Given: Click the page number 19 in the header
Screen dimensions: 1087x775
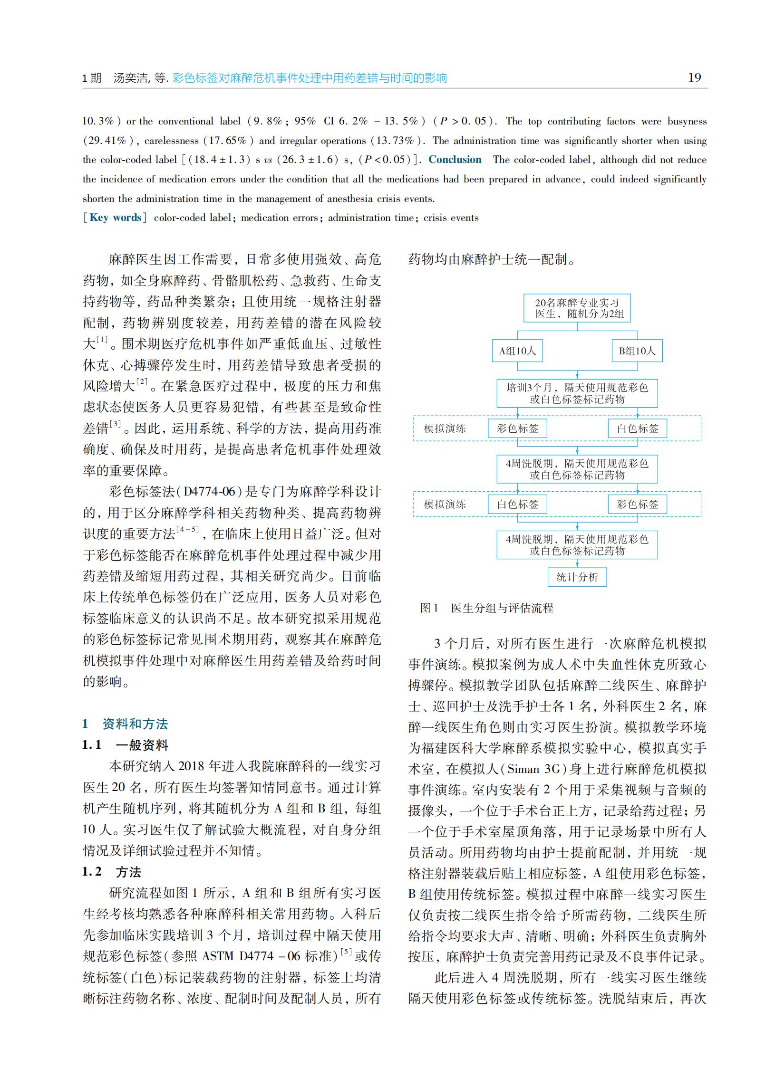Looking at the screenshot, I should [694, 78].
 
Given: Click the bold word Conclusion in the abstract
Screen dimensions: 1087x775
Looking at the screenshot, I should [455, 160].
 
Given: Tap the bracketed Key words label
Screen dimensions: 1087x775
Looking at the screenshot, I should [115, 218].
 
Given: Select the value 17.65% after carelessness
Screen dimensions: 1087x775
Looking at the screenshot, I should [229, 141].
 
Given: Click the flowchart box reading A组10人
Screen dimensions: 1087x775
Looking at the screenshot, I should [517, 351].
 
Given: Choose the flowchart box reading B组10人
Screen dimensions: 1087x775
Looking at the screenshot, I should [637, 351].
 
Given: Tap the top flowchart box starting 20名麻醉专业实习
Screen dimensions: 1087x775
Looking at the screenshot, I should [577, 308].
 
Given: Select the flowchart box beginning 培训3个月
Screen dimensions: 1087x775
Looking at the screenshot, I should [577, 393].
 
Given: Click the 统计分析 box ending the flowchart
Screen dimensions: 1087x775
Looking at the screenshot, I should [577, 577].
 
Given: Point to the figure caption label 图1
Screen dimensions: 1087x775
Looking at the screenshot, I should [429, 608].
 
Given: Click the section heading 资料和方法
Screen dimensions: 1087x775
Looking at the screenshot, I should [135, 724].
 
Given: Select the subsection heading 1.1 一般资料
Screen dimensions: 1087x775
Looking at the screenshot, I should [126, 744].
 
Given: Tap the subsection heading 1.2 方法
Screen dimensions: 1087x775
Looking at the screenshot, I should [112, 872].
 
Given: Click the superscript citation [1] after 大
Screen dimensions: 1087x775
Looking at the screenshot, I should [102, 339].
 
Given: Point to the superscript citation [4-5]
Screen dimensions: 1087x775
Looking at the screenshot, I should [187, 529].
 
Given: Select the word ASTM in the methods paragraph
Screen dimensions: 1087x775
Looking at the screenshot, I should [219, 956].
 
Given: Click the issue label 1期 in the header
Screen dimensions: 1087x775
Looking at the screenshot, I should [92, 78].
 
